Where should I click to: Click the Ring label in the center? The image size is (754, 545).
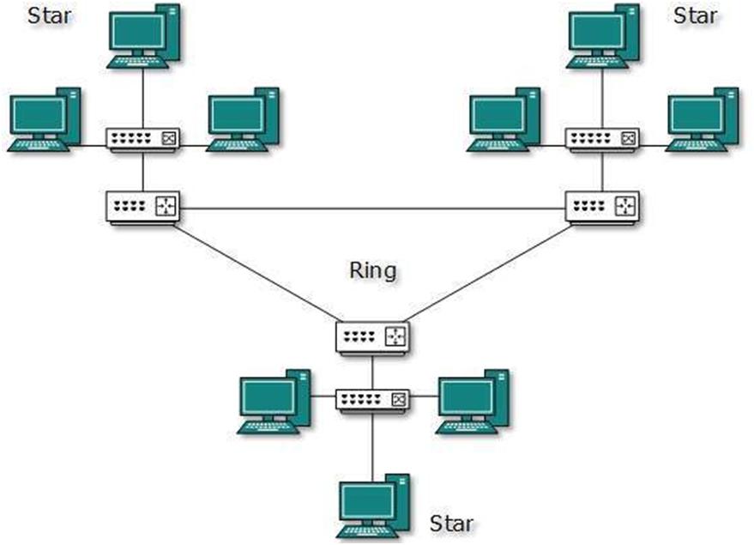372,271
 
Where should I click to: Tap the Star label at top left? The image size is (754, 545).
50,15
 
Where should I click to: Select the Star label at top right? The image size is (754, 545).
696,15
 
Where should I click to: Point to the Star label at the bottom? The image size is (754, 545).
451,523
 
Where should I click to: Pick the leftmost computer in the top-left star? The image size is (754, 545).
44,119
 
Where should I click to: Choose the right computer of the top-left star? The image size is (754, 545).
242,119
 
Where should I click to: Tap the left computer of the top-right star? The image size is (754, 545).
504,119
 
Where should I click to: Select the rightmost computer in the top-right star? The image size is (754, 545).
703,119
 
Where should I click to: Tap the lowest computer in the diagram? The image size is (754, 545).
373,506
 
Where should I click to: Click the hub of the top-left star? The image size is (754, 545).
143,139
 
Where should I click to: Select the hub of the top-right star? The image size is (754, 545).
602,139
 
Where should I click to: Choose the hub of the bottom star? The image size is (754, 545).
373,399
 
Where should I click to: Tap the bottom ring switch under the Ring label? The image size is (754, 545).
372,336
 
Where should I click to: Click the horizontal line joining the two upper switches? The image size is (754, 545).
372,209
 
